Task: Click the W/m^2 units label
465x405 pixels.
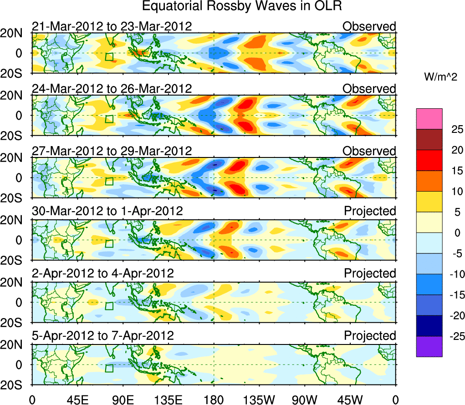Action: (x=441, y=77)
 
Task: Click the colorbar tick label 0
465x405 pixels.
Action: (x=455, y=233)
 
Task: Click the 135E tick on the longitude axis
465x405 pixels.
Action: (x=168, y=399)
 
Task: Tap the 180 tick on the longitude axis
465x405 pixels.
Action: (x=214, y=399)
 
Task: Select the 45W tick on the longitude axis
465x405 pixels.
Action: (x=350, y=399)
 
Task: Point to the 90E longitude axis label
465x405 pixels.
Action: (x=123, y=399)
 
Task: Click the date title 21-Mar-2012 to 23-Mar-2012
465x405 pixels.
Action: (x=112, y=26)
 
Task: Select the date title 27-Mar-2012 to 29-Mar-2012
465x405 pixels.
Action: (x=112, y=151)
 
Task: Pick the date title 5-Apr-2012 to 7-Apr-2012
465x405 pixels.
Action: (x=103, y=336)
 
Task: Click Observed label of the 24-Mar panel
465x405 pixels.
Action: (x=369, y=89)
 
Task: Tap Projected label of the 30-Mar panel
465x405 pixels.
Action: (x=370, y=211)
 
